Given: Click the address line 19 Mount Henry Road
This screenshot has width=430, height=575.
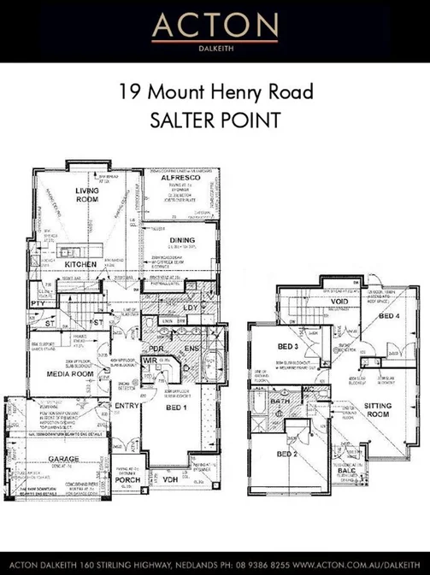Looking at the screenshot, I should click(x=215, y=91).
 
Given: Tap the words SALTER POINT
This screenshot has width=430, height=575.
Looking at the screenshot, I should click(x=215, y=120).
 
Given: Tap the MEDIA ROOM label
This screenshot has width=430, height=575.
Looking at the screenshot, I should click(x=70, y=374).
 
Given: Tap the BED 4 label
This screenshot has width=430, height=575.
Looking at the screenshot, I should click(x=388, y=316).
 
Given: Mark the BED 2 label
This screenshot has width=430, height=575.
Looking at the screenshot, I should click(x=286, y=453).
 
